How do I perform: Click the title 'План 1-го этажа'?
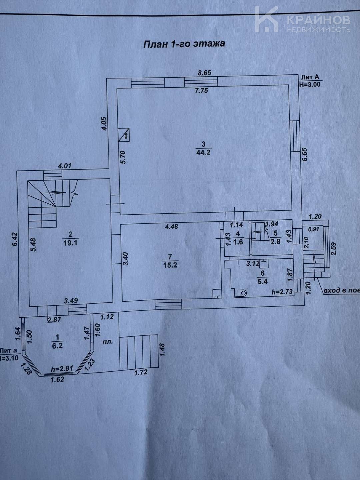pos(184,44)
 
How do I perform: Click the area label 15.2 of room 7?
pos(170,265)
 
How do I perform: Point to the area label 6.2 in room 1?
pos(57,346)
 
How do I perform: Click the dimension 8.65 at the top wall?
pos(204,73)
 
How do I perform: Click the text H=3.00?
pos(310,84)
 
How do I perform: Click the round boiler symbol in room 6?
pos(240,293)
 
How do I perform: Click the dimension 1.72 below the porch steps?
pos(140,372)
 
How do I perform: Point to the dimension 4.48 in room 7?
pos(172,227)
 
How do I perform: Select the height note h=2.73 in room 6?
pos(282,292)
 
